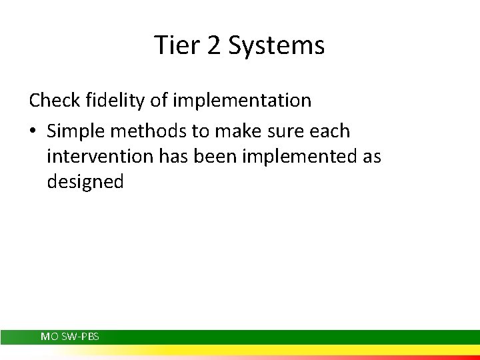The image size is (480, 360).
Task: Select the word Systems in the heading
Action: pyautogui.click(x=276, y=46)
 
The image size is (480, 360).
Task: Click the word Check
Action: pyautogui.click(x=55, y=101)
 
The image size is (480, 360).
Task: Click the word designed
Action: pyautogui.click(x=85, y=183)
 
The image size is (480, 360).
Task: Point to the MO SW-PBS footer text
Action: pyautogui.click(x=70, y=337)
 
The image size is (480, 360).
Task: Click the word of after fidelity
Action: pyautogui.click(x=157, y=101)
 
